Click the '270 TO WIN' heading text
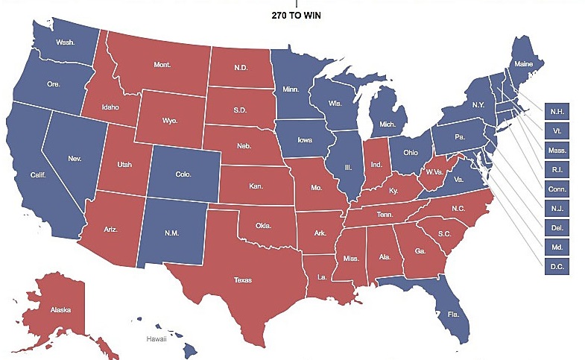tap(297, 13)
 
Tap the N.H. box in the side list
tap(557, 111)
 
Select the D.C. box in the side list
tap(557, 266)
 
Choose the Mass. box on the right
tap(557, 151)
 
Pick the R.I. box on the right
tap(557, 169)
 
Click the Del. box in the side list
tap(557, 227)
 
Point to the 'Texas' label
tap(242, 280)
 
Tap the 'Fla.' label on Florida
tap(453, 315)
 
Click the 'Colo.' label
tap(183, 175)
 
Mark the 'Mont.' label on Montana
tap(162, 65)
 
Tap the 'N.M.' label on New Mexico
tap(173, 233)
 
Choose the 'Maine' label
tap(525, 65)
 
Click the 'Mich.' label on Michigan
tap(388, 123)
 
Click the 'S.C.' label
tap(445, 233)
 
